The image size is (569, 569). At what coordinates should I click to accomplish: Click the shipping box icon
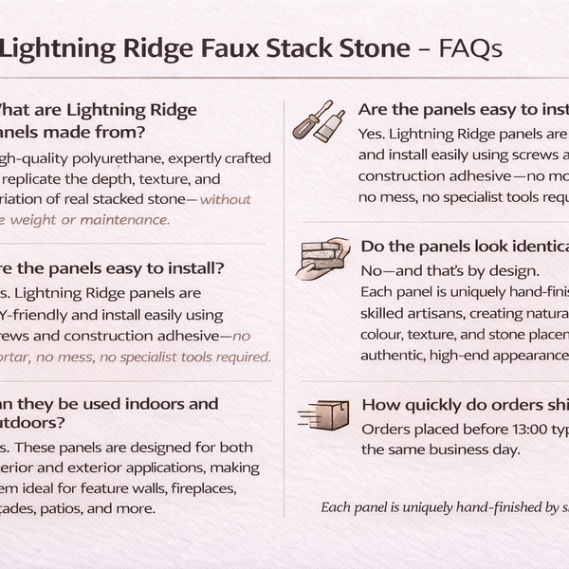(324, 413)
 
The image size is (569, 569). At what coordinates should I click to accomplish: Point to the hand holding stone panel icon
(324, 258)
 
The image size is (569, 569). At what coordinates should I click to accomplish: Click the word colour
(383, 334)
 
